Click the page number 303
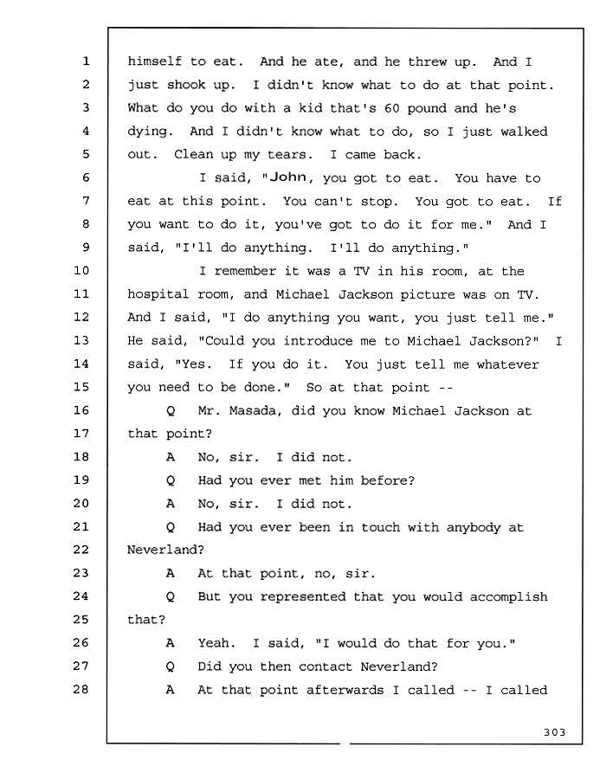click(554, 732)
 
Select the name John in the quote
click(288, 177)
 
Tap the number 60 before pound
click(392, 108)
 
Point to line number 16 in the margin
click(81, 410)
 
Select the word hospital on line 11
click(158, 294)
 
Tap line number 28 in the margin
click(81, 689)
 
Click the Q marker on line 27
click(171, 666)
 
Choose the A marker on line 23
click(171, 573)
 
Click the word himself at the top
click(154, 61)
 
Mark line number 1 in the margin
click(86, 61)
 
